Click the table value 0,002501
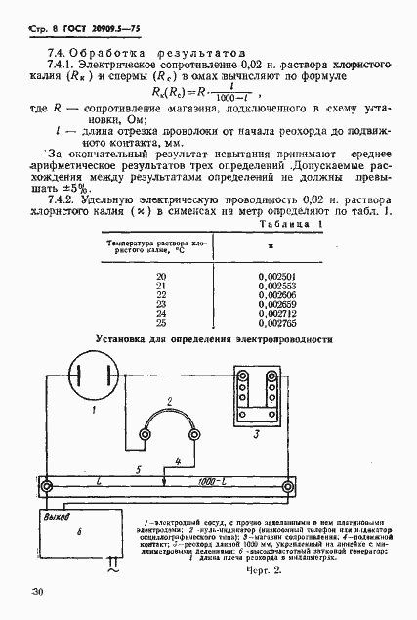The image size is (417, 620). pos(279,277)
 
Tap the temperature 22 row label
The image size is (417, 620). pos(162,294)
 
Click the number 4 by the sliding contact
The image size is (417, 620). pos(177,459)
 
